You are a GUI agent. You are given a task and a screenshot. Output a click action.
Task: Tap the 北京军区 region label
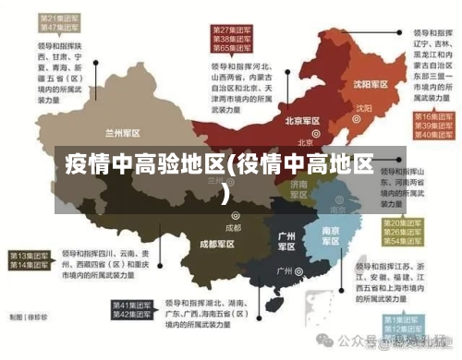[302, 121]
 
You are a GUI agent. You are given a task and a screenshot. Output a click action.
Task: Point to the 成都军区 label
[217, 245]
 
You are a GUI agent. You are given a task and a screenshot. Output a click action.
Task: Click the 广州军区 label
[286, 242]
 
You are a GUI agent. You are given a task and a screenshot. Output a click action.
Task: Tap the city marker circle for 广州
[298, 271]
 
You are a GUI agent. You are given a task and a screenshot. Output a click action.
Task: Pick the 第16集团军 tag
[431, 117]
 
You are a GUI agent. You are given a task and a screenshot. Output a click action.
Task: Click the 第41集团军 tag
[133, 305]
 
